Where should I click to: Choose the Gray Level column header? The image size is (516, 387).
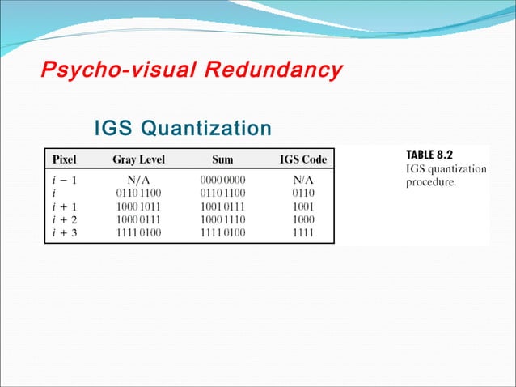pyautogui.click(x=138, y=159)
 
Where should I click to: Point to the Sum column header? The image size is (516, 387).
pyautogui.click(x=222, y=159)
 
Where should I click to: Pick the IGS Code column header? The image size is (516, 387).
pyautogui.click(x=303, y=159)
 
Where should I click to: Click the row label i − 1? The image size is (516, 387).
pyautogui.click(x=64, y=180)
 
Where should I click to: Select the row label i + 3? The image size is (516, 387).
pyautogui.click(x=65, y=233)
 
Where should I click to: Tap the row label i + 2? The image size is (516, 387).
pyautogui.click(x=65, y=219)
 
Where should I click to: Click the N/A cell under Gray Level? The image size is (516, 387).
pyautogui.click(x=139, y=180)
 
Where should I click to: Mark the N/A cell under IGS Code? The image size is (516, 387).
pyautogui.click(x=303, y=180)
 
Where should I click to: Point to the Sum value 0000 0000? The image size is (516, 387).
pyautogui.click(x=222, y=180)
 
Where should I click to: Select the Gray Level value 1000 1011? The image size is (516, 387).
pyautogui.click(x=139, y=206)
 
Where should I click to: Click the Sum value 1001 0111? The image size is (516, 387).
pyautogui.click(x=222, y=206)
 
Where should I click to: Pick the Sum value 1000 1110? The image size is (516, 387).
pyautogui.click(x=222, y=219)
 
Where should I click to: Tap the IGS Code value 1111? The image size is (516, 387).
pyautogui.click(x=303, y=233)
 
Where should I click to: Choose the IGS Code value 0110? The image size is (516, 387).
pyautogui.click(x=303, y=193)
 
